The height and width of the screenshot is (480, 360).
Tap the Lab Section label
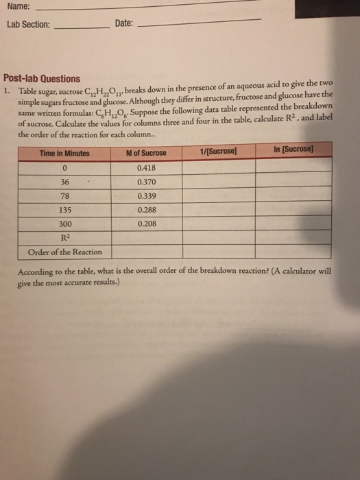tap(28, 24)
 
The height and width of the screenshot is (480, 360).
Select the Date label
tap(124, 24)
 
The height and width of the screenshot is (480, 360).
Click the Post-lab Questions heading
tap(42, 78)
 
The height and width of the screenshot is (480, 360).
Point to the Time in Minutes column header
tap(64, 154)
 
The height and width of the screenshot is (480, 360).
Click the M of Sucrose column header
tap(146, 152)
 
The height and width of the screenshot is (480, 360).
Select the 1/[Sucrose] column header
tap(216, 151)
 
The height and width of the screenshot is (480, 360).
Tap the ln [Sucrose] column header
tap(293, 149)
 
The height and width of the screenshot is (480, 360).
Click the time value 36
tap(64, 181)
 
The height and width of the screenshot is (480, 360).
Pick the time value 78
tap(64, 195)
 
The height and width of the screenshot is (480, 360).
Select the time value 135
tap(65, 210)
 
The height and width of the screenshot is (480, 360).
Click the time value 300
tap(65, 224)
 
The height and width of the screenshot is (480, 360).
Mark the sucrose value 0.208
tap(147, 223)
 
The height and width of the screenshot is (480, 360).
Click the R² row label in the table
tap(65, 237)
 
